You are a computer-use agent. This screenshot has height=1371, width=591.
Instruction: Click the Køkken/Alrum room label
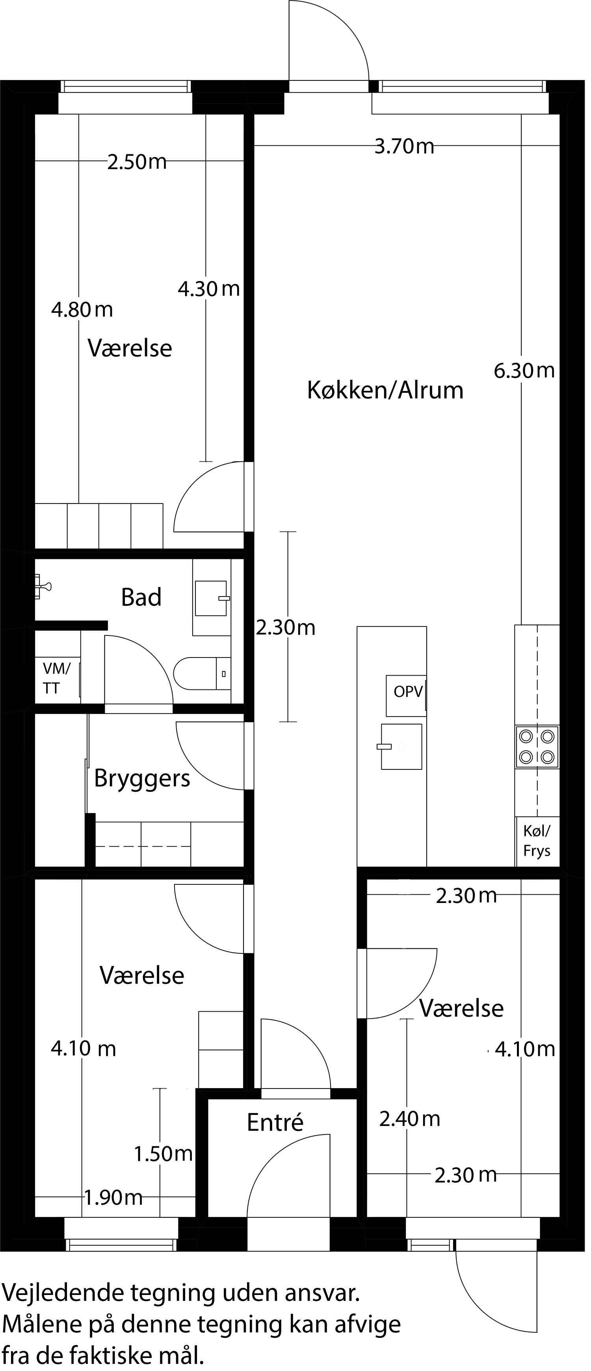pos(385,390)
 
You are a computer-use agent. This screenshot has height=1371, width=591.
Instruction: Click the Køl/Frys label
pos(537,841)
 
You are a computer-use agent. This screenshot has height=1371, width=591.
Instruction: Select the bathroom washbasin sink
pos(211,598)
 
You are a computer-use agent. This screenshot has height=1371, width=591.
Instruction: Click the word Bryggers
pos(142,778)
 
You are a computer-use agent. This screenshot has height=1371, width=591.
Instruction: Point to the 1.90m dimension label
pos(113,1198)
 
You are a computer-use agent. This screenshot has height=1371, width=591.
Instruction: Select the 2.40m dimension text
pos(409,1119)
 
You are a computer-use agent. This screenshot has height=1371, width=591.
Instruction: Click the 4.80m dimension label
pos(82,309)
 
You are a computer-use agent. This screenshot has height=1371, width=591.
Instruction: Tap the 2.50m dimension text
pos(137,162)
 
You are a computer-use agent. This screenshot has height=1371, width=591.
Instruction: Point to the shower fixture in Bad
pos(43,587)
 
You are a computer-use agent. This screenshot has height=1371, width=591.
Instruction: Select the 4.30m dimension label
pos(208,289)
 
